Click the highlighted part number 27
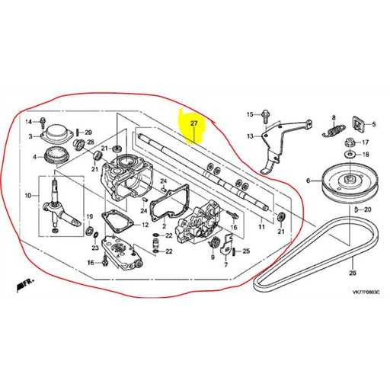[193, 123]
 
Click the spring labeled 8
[331, 130]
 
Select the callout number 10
[30, 197]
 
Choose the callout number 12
[145, 225]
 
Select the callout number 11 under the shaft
[260, 227]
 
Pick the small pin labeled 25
[233, 251]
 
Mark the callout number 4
[34, 158]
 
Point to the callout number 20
[366, 209]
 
